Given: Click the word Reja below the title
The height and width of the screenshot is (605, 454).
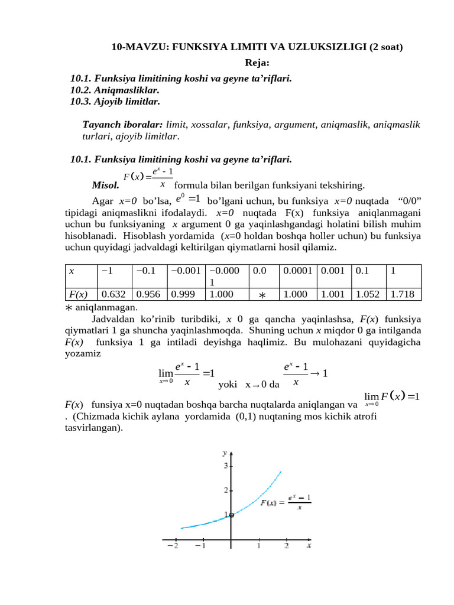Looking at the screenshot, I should click(257, 63).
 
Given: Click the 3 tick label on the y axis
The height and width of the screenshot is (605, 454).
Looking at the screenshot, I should click(225, 466).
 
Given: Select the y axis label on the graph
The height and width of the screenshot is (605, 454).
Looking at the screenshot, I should click(225, 453).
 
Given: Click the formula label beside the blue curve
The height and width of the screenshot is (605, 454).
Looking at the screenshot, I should click(286, 503).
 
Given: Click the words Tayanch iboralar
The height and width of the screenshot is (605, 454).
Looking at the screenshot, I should click(122, 125).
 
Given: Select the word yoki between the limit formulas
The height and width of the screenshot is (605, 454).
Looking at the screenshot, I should click(228, 385).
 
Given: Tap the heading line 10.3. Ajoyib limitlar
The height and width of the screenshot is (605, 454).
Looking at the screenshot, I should click(115, 101).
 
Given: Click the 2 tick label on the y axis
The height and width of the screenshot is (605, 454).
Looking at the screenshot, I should click(225, 490).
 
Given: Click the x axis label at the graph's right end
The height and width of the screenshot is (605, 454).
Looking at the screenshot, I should click(309, 545).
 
